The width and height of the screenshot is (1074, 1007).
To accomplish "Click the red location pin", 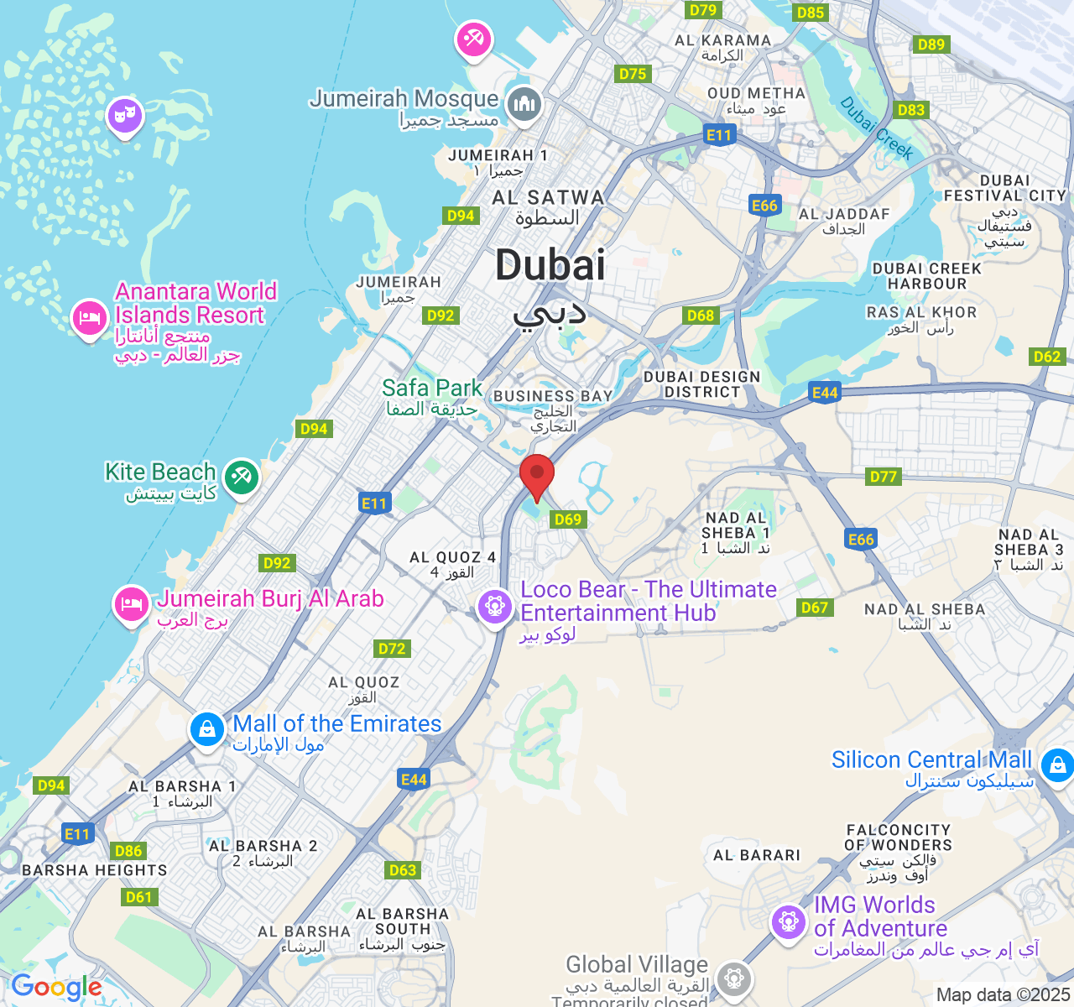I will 537,475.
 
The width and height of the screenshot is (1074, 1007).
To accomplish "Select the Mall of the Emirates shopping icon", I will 206,730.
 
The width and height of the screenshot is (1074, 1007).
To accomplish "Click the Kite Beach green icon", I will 242,477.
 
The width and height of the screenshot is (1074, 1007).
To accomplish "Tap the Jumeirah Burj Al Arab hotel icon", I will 131,603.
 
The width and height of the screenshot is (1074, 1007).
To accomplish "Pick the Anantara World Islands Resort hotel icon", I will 89,318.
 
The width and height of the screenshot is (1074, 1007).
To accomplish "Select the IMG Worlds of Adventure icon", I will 788,922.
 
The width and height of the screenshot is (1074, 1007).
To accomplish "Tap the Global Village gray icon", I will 735,978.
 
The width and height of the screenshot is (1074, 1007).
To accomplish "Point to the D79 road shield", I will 702,10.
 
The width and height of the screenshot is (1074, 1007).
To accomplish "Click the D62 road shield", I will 1047,357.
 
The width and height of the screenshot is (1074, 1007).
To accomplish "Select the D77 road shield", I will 884,477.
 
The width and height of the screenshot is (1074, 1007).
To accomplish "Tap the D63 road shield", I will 403,870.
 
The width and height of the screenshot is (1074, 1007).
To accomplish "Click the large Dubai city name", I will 550,266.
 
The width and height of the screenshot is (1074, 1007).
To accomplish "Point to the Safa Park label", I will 432,388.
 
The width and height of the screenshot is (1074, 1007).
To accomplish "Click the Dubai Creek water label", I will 876,128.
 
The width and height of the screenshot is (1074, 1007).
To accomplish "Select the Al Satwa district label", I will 548,198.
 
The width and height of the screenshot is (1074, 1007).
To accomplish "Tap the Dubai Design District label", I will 701,384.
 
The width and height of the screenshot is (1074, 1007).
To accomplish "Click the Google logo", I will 56,988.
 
